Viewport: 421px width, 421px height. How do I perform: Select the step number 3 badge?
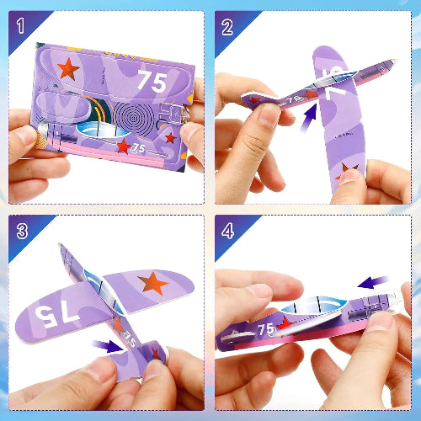(x=20, y=229)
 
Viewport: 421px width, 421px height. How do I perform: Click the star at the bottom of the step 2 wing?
(x=348, y=172)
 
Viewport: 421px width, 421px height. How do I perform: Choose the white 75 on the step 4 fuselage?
(x=266, y=329)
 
